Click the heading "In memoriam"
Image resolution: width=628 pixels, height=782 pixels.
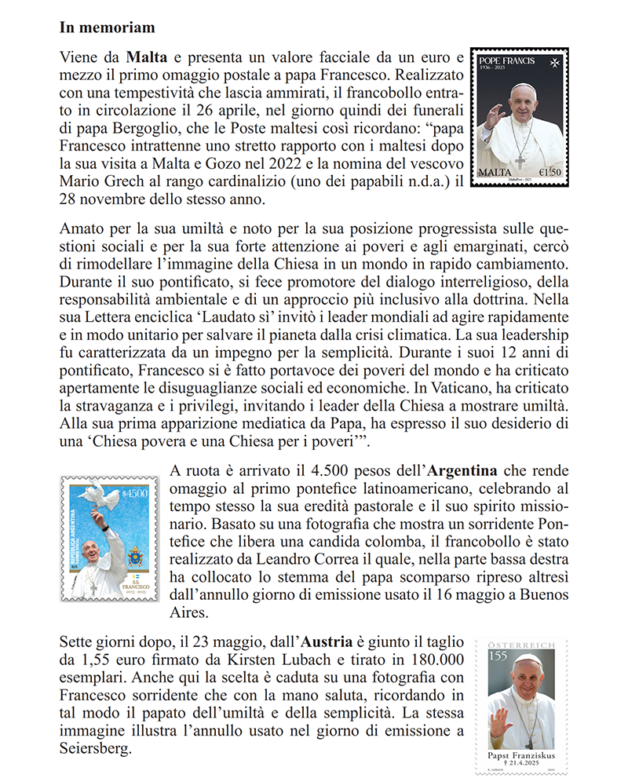pyautogui.click(x=108, y=27)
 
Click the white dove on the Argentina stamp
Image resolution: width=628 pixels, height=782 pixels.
pyautogui.click(x=98, y=496)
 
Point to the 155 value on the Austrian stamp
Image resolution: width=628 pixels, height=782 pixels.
pyautogui.click(x=498, y=656)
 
